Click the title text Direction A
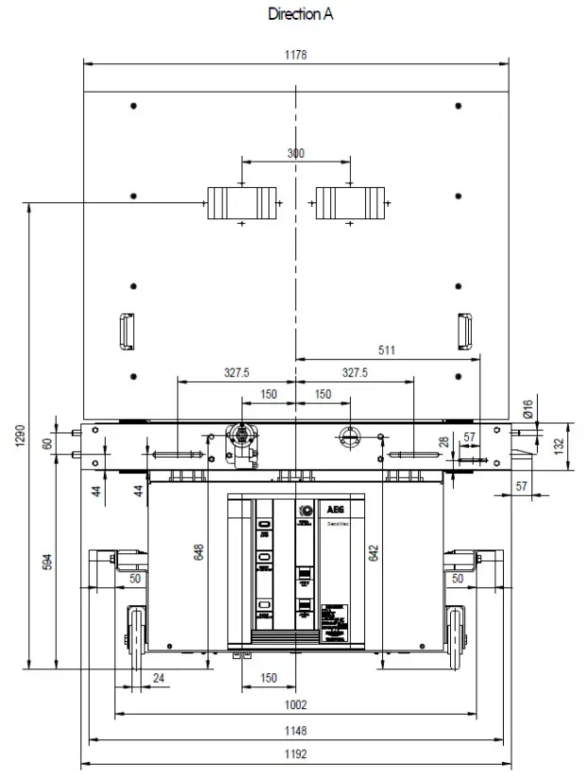point(300,13)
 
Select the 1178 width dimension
point(296,55)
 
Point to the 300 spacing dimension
point(295,153)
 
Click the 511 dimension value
point(387,349)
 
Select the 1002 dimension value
point(296,704)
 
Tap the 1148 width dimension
point(296,730)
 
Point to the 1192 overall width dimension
point(296,755)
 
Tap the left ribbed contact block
point(242,202)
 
